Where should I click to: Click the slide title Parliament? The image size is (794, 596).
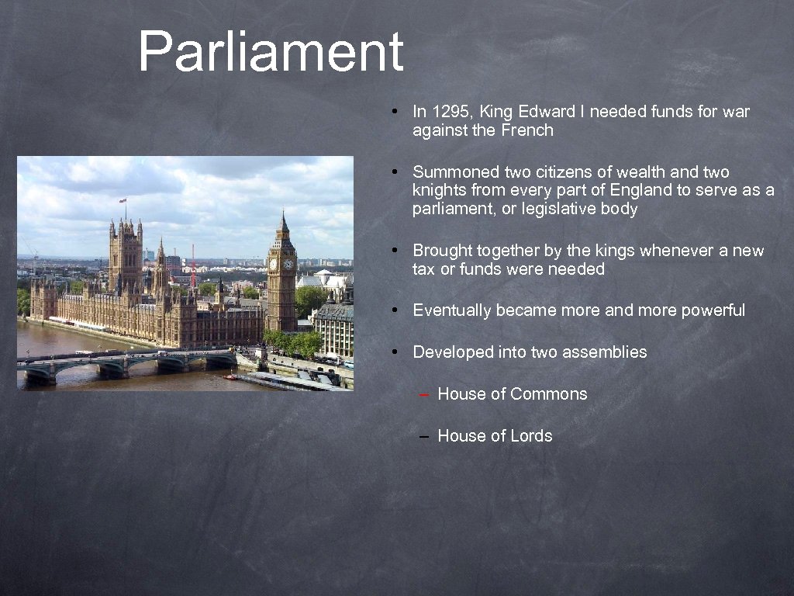point(271,52)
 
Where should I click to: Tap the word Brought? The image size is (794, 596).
point(442,251)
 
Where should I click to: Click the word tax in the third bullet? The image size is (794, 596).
point(424,269)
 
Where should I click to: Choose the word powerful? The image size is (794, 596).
point(713,310)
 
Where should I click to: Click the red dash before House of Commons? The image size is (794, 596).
point(424,395)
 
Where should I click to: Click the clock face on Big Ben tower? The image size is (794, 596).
point(287,264)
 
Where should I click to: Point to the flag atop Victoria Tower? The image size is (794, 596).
point(123,201)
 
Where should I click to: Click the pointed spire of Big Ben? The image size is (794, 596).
point(283,221)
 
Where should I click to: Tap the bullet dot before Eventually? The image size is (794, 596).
point(395,310)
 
